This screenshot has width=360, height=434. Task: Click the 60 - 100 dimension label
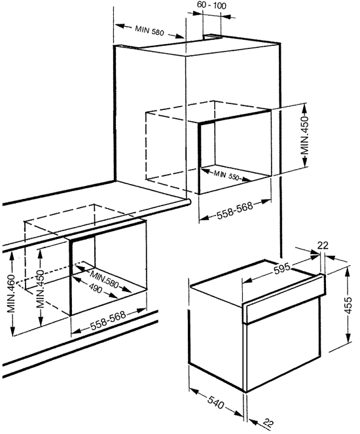(211, 5)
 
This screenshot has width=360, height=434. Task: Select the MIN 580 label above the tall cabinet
(149, 31)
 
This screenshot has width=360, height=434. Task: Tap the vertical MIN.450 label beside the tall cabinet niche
(304, 136)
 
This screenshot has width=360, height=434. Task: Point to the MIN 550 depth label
(226, 175)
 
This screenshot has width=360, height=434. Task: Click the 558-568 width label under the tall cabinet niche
(234, 211)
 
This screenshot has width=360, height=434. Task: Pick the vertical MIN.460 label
(11, 294)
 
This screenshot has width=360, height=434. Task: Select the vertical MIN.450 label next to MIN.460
(40, 289)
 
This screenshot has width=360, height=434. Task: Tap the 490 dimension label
(96, 288)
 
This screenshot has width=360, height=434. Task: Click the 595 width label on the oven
(282, 268)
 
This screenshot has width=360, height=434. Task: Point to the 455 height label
(348, 305)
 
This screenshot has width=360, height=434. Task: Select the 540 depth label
(215, 403)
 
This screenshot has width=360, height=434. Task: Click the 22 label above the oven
(323, 245)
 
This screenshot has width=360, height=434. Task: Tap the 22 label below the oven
(268, 423)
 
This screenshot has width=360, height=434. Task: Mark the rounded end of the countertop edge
(189, 202)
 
